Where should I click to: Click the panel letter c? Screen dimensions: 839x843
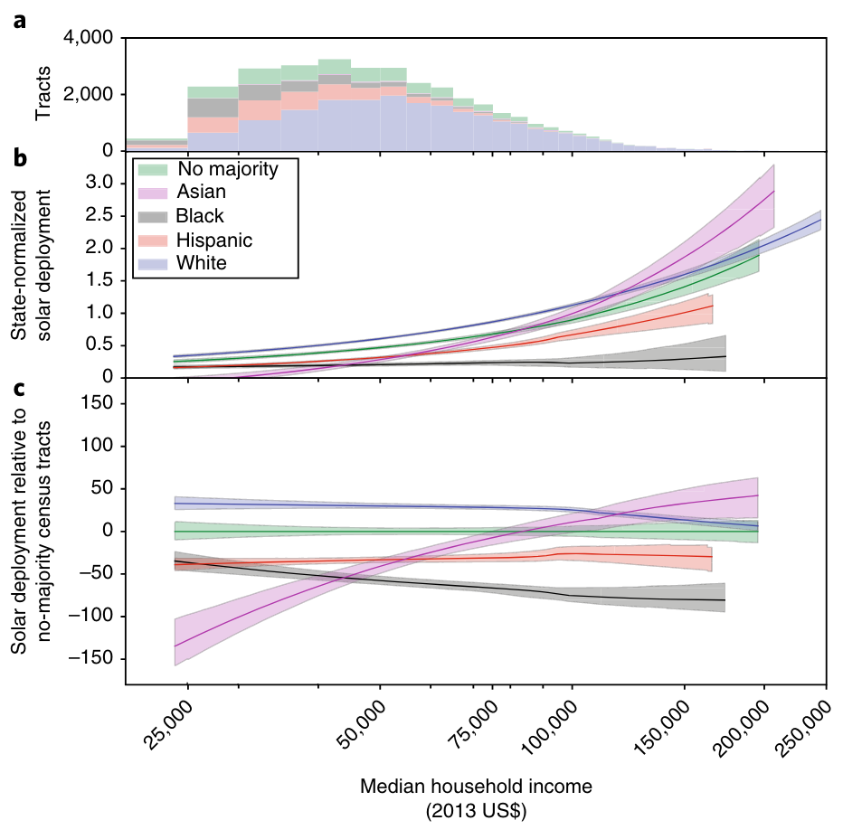19,386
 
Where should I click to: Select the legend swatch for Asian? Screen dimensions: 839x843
156,193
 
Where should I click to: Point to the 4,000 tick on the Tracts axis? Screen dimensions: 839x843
90,38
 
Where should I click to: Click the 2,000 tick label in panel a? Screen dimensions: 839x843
90,94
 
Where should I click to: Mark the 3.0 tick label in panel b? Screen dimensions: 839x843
98,184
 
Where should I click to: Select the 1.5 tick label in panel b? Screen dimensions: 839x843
98,280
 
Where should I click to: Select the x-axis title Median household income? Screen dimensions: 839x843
477,787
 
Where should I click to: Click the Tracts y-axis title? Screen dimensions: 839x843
43,95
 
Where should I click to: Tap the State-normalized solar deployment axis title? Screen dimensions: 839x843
31,262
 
